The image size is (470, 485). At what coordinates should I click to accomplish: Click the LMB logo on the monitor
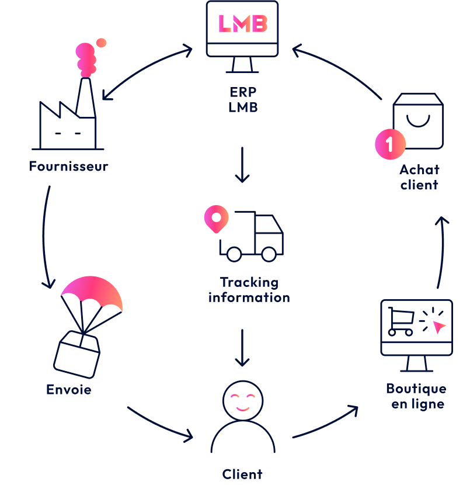click(242, 24)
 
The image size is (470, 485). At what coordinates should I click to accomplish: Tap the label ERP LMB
click(243, 101)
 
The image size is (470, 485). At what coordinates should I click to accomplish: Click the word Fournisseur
click(68, 167)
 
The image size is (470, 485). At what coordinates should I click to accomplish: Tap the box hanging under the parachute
click(77, 354)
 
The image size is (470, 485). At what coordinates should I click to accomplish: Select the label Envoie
click(68, 390)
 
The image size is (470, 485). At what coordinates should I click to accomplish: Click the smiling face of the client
click(243, 401)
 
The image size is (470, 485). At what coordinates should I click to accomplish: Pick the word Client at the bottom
click(242, 474)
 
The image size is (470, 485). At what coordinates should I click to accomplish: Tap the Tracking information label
click(249, 290)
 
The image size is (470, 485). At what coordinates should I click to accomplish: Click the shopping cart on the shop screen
click(401, 322)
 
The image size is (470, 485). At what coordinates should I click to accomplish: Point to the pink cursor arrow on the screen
click(438, 326)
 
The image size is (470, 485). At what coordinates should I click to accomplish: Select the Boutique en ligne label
click(416, 396)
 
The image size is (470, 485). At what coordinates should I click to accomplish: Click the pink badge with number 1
click(390, 144)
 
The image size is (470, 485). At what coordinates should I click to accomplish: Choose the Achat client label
click(419, 177)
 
